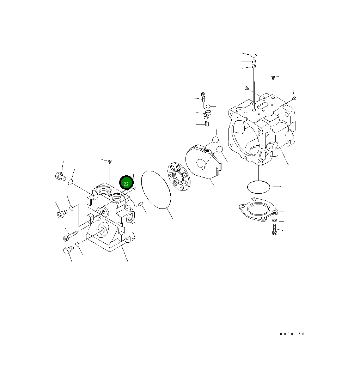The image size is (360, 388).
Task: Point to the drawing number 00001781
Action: (x=294, y=334)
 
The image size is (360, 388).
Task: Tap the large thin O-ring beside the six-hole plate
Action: (x=156, y=190)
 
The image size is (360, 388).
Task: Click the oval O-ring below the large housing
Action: (x=258, y=187)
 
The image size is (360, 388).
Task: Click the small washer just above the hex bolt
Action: (x=275, y=220)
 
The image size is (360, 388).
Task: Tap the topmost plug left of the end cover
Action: (x=60, y=175)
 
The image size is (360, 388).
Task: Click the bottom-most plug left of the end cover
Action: (x=67, y=250)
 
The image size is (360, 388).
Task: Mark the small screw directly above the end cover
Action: (x=110, y=162)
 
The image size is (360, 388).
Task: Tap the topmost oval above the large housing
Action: (x=253, y=55)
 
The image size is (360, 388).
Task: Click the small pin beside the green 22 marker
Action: (x=134, y=189)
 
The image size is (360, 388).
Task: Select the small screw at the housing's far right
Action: (x=294, y=98)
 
